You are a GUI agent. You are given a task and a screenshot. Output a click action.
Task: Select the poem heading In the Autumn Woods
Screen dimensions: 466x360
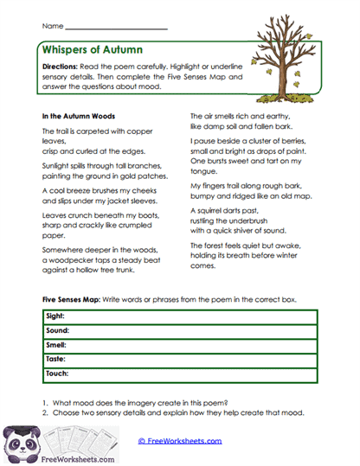tap(79, 115)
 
